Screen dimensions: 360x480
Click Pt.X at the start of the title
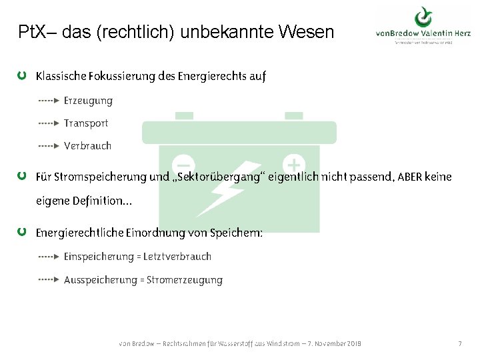[33, 31]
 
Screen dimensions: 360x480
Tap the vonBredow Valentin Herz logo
[423, 29]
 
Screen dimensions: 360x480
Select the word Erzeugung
[88, 101]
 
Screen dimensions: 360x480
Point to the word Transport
[86, 123]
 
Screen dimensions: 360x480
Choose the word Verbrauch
[87, 145]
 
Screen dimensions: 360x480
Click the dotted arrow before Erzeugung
[49, 101]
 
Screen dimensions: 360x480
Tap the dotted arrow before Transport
[49, 123]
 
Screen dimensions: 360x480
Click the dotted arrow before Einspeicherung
[49, 256]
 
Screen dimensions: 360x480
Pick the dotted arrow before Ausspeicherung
[49, 280]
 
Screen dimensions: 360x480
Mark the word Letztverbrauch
[177, 256]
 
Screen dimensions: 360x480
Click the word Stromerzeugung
[185, 280]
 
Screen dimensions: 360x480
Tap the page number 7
[459, 343]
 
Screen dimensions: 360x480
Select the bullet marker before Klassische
[23, 76]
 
